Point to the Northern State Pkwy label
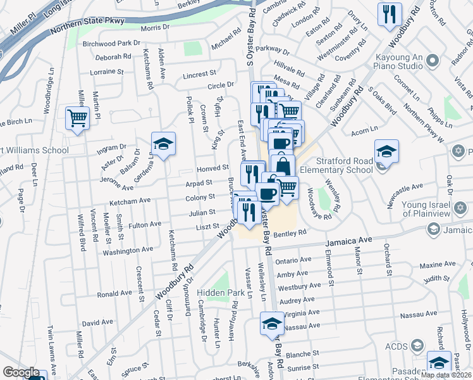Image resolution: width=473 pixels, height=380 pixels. tap(88, 21)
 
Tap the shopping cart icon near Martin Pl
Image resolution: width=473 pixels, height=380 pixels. tap(77, 118)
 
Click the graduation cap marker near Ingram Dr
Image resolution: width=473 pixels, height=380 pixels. tap(163, 144)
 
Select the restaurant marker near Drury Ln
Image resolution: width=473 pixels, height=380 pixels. tap(390, 13)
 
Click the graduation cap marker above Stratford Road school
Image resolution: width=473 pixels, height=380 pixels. tap(386, 152)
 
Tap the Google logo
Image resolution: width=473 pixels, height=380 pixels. tap(21, 372)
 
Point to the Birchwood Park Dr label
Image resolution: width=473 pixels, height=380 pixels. tap(111, 43)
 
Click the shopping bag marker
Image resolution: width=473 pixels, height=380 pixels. tap(283, 166)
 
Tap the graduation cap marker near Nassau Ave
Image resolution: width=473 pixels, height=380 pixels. tap(272, 324)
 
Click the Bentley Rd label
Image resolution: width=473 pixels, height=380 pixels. tap(290, 234)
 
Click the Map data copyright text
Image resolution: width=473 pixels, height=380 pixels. tap(446, 375)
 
